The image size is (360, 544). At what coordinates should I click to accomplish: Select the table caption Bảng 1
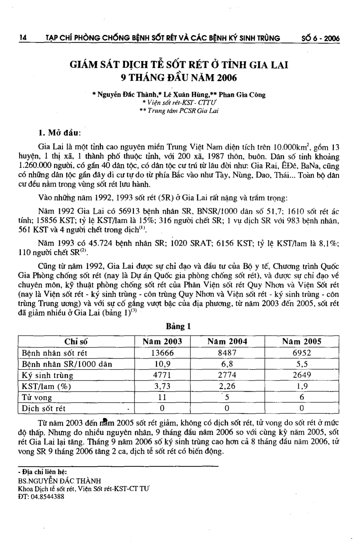point(179,326)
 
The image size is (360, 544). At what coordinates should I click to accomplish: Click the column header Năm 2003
point(162,341)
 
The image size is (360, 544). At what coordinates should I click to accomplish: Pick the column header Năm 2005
point(302,341)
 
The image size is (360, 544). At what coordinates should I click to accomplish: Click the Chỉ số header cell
point(76,342)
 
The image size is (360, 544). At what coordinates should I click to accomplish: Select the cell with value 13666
point(162,353)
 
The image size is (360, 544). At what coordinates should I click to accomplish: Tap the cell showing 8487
point(227,353)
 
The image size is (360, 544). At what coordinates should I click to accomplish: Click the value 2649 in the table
point(302,375)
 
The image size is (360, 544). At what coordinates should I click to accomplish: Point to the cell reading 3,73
point(162,386)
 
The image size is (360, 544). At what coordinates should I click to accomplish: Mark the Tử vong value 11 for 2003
point(162,397)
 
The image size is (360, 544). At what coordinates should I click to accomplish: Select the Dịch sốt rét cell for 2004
point(227,408)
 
